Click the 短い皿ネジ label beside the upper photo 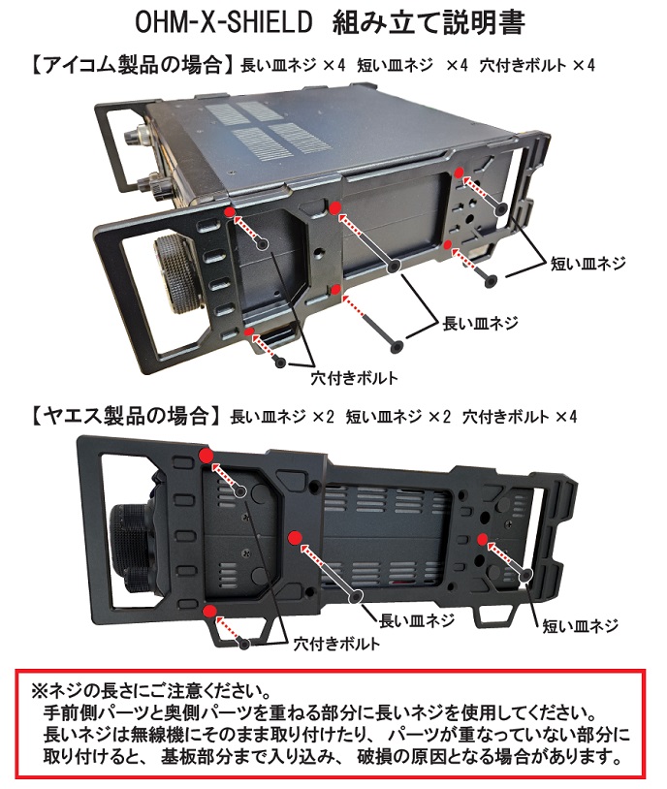588,262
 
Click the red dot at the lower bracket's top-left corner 206,455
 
